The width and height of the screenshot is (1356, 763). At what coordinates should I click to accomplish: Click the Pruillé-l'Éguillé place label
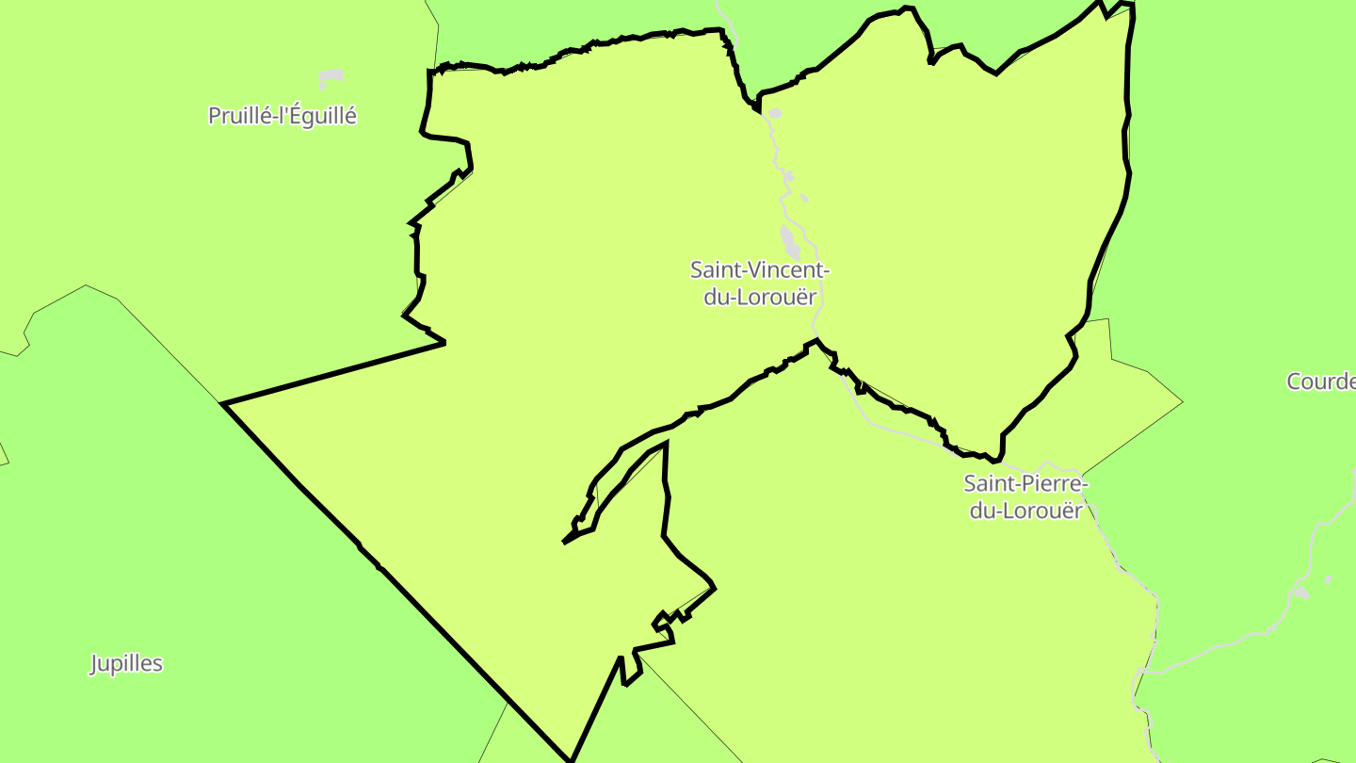[282, 116]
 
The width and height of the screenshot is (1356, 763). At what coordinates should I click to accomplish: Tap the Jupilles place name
[126, 663]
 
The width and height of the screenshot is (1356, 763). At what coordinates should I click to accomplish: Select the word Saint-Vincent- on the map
[759, 270]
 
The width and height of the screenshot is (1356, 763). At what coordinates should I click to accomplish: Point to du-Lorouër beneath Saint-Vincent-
[759, 297]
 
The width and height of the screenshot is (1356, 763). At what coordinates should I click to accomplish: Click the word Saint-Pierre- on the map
[1025, 484]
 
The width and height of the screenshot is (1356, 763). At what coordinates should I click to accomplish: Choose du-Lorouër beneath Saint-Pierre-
[1025, 511]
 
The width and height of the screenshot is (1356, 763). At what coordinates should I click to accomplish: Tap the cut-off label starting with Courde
[1321, 381]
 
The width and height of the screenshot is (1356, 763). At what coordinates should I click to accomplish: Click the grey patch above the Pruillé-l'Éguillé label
[330, 76]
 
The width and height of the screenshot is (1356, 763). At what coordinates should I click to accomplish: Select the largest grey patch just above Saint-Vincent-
[789, 241]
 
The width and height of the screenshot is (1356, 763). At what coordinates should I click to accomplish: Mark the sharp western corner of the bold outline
[223, 404]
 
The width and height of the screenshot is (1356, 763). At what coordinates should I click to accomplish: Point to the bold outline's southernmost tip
[571, 759]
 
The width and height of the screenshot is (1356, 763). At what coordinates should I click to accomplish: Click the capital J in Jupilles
[94, 664]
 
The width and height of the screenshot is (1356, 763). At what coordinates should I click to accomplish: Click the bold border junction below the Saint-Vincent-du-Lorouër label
[816, 340]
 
